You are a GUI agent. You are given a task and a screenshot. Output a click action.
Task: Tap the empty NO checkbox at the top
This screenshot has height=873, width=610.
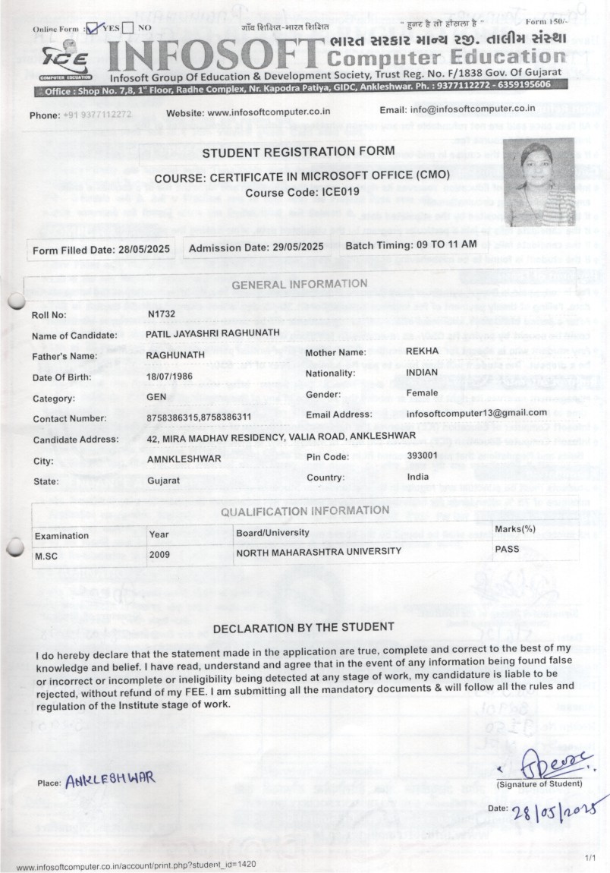[128, 28]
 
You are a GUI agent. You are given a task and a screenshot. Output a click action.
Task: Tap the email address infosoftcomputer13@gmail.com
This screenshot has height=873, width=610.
[476, 413]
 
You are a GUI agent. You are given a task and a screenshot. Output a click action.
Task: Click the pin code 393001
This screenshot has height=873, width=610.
[422, 455]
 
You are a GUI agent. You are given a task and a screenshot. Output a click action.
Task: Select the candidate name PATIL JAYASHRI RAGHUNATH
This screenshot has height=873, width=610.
[213, 333]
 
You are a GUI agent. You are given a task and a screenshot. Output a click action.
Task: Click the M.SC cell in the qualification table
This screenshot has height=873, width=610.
[47, 555]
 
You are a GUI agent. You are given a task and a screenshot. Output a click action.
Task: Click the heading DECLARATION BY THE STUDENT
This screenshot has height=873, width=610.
[303, 627]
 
